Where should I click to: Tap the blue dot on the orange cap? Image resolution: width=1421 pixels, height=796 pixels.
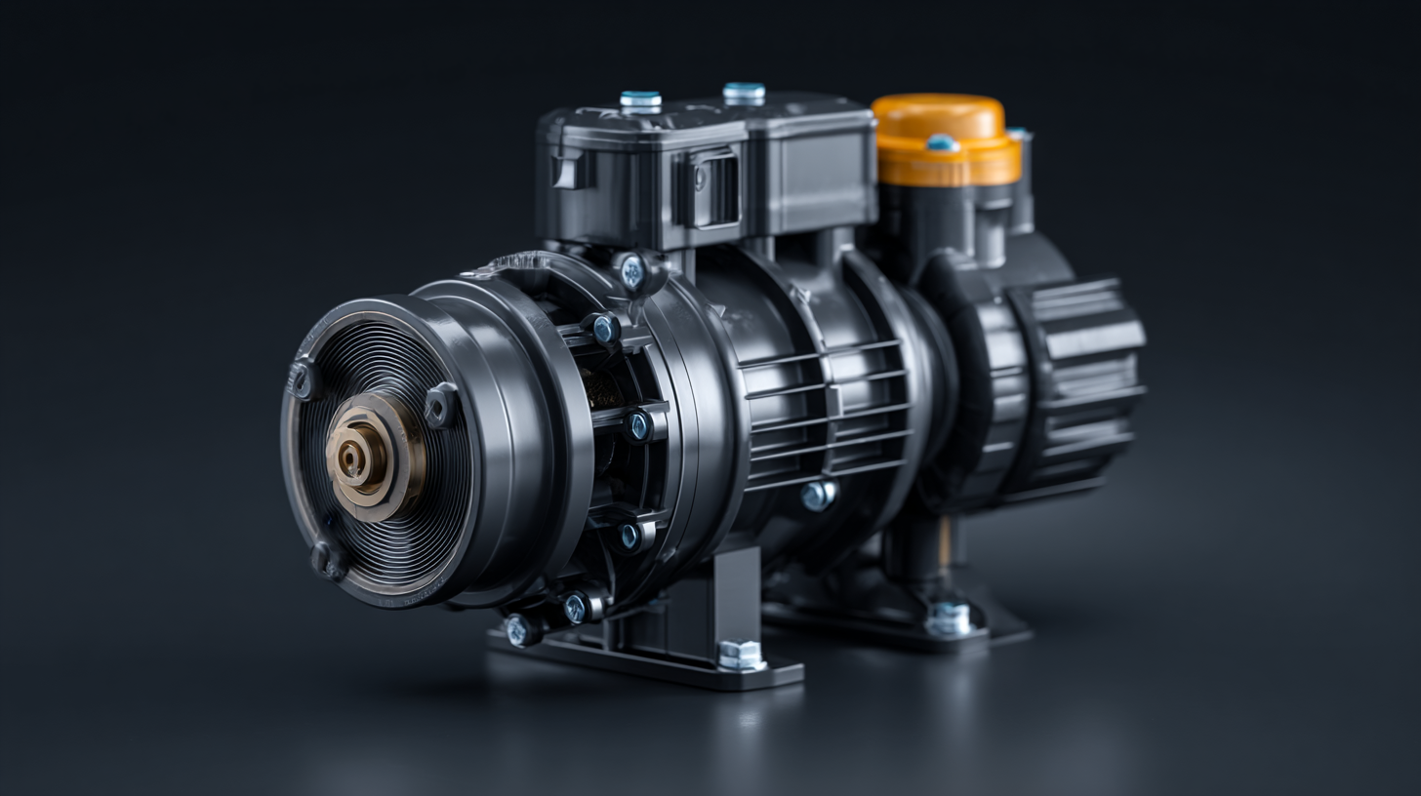942,143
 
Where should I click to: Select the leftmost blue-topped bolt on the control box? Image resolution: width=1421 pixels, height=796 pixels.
640,100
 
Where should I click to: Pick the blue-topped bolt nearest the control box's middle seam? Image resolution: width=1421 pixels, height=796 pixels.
744,93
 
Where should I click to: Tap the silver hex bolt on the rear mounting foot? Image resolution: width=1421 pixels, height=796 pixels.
948,617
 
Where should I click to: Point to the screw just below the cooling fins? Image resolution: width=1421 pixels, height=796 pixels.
817,495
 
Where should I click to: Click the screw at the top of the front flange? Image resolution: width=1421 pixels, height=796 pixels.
632,272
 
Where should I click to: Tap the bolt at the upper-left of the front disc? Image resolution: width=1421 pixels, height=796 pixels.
304,379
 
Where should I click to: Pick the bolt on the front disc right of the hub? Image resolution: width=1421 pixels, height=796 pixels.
440,404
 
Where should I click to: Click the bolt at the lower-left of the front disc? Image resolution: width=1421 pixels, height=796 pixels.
325,559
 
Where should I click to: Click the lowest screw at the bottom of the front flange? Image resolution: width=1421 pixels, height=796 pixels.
520,630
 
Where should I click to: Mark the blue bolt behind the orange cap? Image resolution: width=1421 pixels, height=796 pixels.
1017,134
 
